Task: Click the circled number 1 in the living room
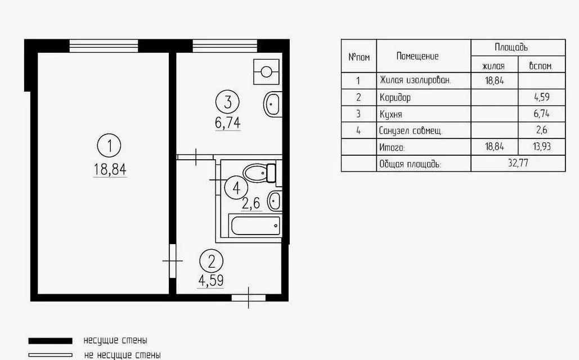coord(109,146)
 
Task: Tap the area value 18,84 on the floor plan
coord(110,169)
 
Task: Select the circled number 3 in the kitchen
coord(227,102)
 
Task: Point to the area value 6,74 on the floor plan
coord(227,123)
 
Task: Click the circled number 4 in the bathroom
coord(236,188)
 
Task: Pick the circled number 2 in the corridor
coord(211,262)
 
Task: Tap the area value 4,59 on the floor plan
coord(211,281)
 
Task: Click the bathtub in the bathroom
coord(255,225)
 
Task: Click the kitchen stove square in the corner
coord(266,71)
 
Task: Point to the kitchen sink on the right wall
coord(273,105)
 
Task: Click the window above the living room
coord(104,46)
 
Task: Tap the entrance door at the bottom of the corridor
coord(249,297)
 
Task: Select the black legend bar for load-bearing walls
coord(51,340)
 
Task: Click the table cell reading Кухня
coord(391,114)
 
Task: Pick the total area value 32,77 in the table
coord(518,163)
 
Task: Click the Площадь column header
coord(511,47)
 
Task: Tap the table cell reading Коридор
coord(395,97)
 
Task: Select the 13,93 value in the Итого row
coord(542,147)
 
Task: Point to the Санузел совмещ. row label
coord(411,130)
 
